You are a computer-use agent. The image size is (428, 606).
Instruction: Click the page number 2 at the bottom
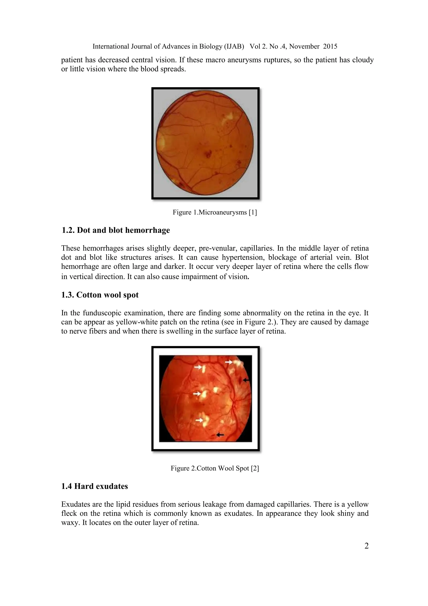pyautogui.click(x=366, y=546)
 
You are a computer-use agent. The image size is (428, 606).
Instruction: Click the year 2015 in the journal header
pyautogui.click(x=330, y=47)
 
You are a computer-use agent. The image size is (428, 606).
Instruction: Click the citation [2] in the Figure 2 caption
pyautogui.click(x=255, y=469)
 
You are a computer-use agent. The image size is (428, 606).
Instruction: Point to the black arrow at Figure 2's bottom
pyautogui.click(x=220, y=434)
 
